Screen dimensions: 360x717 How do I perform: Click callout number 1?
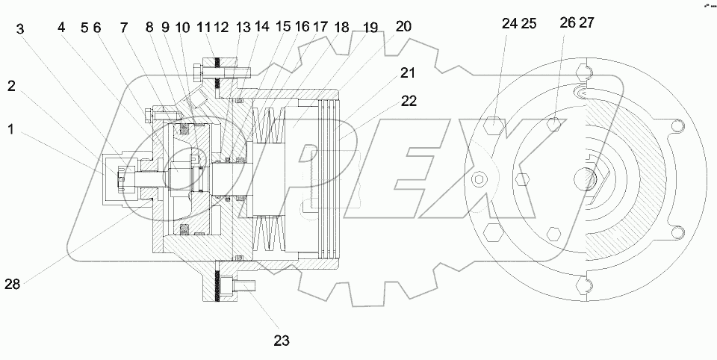click(11, 128)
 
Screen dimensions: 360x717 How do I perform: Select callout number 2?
click(11, 85)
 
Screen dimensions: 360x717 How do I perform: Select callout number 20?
click(403, 26)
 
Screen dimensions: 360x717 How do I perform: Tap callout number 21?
click(407, 73)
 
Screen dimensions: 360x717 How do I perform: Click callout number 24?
click(509, 23)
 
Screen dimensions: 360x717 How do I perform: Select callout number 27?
click(586, 23)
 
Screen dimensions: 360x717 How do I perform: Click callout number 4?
click(62, 28)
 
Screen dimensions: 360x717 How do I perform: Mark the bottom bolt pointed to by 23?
click(243, 286)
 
